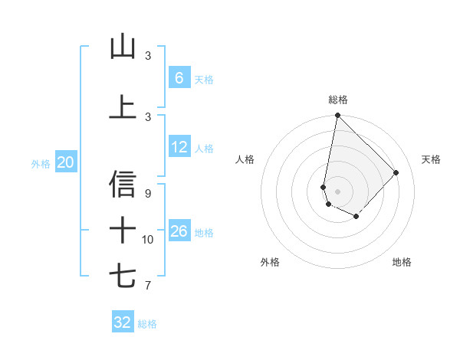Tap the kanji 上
tap(123, 106)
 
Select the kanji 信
tap(123, 184)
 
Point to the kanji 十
tap(123, 229)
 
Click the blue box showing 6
tap(179, 77)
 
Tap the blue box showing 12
tap(179, 147)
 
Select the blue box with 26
tap(179, 231)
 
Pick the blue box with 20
tap(65, 162)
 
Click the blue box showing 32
tap(123, 322)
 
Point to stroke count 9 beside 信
tap(148, 194)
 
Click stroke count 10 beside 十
tap(148, 240)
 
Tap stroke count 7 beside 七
tap(148, 286)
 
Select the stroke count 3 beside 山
tap(148, 56)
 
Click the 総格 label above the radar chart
tap(337, 100)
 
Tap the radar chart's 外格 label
tap(270, 262)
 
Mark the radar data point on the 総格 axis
tap(337, 116)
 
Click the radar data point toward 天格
tap(396, 172)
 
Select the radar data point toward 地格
tap(356, 217)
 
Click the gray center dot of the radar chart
tap(337, 191)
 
